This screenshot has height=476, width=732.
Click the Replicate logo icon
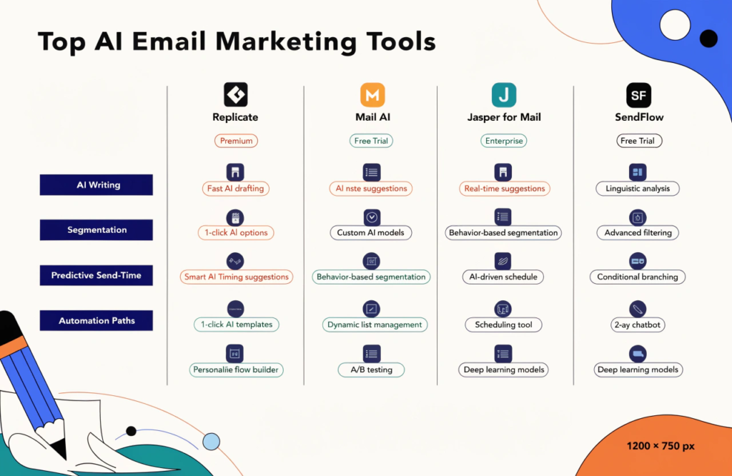235,94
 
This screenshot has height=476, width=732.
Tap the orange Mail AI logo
372,94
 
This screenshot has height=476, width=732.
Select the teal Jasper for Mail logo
504,94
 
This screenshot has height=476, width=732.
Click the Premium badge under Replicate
236,141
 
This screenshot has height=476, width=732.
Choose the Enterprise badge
503,141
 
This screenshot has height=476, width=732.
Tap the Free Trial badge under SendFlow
638,141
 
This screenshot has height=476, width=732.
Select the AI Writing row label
97,185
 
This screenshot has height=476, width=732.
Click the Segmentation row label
97,230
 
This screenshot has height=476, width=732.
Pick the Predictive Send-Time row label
97,275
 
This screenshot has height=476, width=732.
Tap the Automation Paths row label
97,321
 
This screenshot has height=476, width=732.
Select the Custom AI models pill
371,232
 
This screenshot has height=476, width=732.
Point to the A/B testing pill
372,370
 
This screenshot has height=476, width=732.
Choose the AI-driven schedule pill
504,277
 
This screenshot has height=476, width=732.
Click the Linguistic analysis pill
637,189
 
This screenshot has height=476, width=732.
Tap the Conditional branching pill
638,277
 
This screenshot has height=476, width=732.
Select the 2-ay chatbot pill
638,324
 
